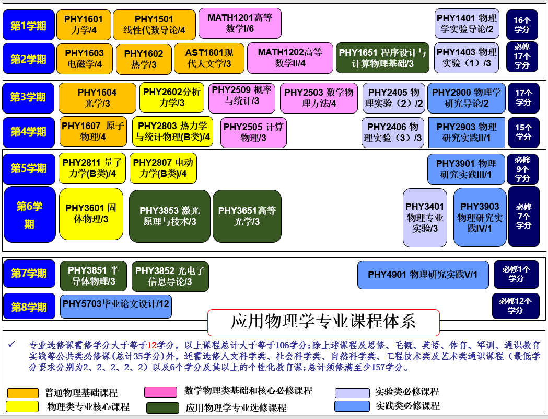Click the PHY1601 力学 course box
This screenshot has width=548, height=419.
(84, 25)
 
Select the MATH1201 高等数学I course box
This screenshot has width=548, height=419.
(240, 23)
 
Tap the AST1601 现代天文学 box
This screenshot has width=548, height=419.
(209, 58)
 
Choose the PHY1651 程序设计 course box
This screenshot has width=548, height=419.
(382, 58)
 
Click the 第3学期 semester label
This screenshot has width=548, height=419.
(28, 98)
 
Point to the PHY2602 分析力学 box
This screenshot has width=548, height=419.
(171, 97)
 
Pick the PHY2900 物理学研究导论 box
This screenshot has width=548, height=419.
(467, 98)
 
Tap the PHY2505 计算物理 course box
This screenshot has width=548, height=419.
(253, 132)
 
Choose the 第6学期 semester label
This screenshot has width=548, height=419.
(29, 214)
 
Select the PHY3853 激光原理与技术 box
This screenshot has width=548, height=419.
(170, 216)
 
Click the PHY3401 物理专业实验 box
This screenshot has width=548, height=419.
(425, 218)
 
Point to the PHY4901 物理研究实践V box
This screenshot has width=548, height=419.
(423, 275)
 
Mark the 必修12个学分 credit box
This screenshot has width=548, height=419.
(515, 306)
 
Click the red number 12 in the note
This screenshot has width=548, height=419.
(152, 345)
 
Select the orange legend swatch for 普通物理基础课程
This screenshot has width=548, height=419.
(22, 393)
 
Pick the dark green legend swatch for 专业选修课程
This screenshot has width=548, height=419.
(162, 407)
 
